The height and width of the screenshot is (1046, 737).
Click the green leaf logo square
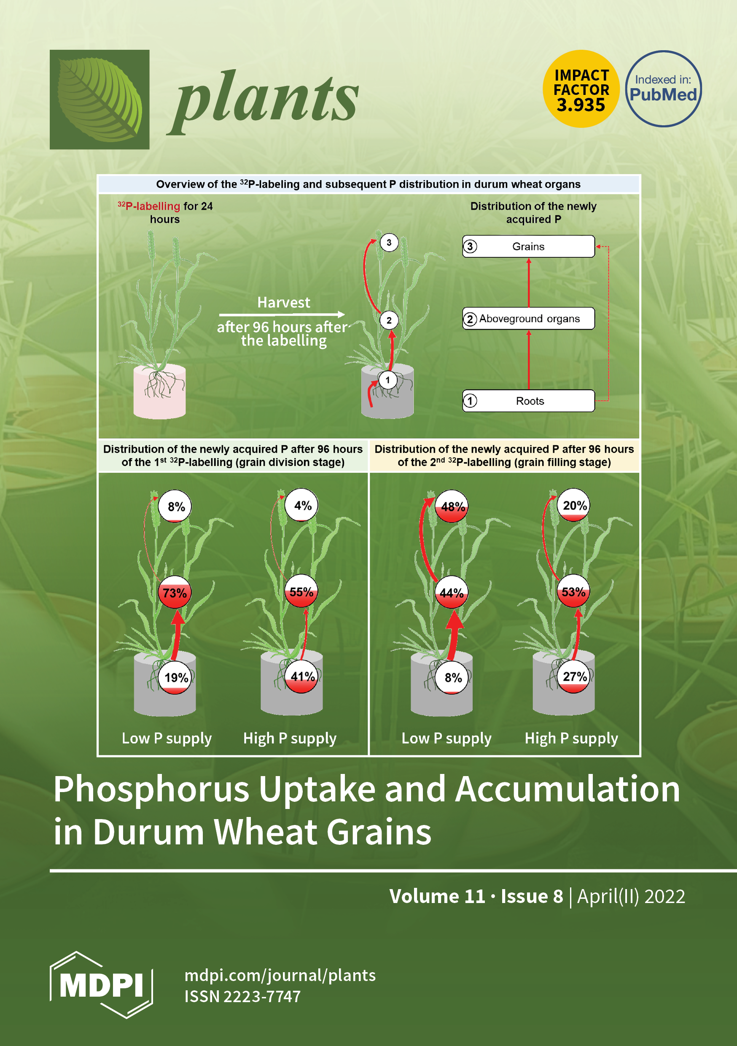tap(100, 99)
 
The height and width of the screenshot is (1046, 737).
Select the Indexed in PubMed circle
tap(663, 89)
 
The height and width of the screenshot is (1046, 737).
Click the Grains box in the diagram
tap(528, 246)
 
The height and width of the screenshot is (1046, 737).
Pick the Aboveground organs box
tap(528, 318)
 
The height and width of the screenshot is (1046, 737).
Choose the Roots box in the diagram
tap(528, 401)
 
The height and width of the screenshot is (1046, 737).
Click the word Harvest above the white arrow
tap(283, 302)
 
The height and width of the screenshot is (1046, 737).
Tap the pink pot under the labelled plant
tap(159, 392)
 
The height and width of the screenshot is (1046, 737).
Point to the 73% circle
tap(175, 593)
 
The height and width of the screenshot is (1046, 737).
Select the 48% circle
tap(452, 506)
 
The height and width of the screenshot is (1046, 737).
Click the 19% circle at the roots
tap(176, 677)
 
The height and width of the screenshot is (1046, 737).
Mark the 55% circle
tap(301, 592)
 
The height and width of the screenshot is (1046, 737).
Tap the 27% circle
tap(574, 677)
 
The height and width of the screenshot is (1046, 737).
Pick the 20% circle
tap(574, 505)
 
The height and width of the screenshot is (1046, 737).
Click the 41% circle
tap(302, 677)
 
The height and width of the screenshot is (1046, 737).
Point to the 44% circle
tap(452, 593)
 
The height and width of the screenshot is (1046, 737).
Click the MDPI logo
tap(101, 985)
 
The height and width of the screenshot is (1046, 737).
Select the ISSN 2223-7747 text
tap(242, 996)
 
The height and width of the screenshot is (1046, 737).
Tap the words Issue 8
tap(532, 896)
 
